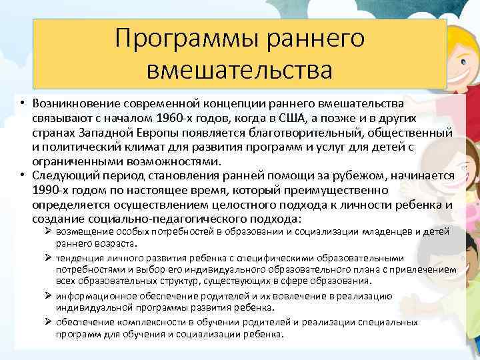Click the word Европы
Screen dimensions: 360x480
[159, 133]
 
